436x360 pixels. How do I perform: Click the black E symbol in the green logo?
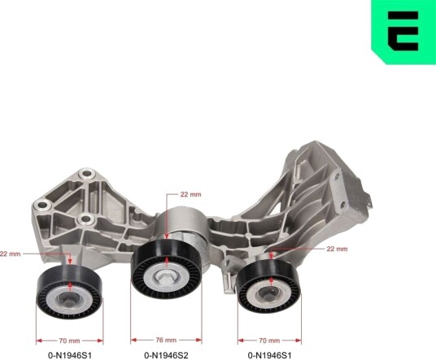[x=403, y=31]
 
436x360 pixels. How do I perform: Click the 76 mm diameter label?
[x=166, y=340]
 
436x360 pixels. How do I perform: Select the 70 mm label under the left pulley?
[x=69, y=340]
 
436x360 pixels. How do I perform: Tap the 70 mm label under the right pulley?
[x=269, y=340]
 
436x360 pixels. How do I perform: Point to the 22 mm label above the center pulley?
[x=190, y=194]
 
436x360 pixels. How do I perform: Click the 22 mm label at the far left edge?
[x=10, y=254]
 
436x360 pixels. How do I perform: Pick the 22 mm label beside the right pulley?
[x=337, y=249]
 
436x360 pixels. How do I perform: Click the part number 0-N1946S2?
[x=166, y=355]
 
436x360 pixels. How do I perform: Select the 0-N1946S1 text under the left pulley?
[x=70, y=355]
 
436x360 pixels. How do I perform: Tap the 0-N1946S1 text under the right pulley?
[x=270, y=355]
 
